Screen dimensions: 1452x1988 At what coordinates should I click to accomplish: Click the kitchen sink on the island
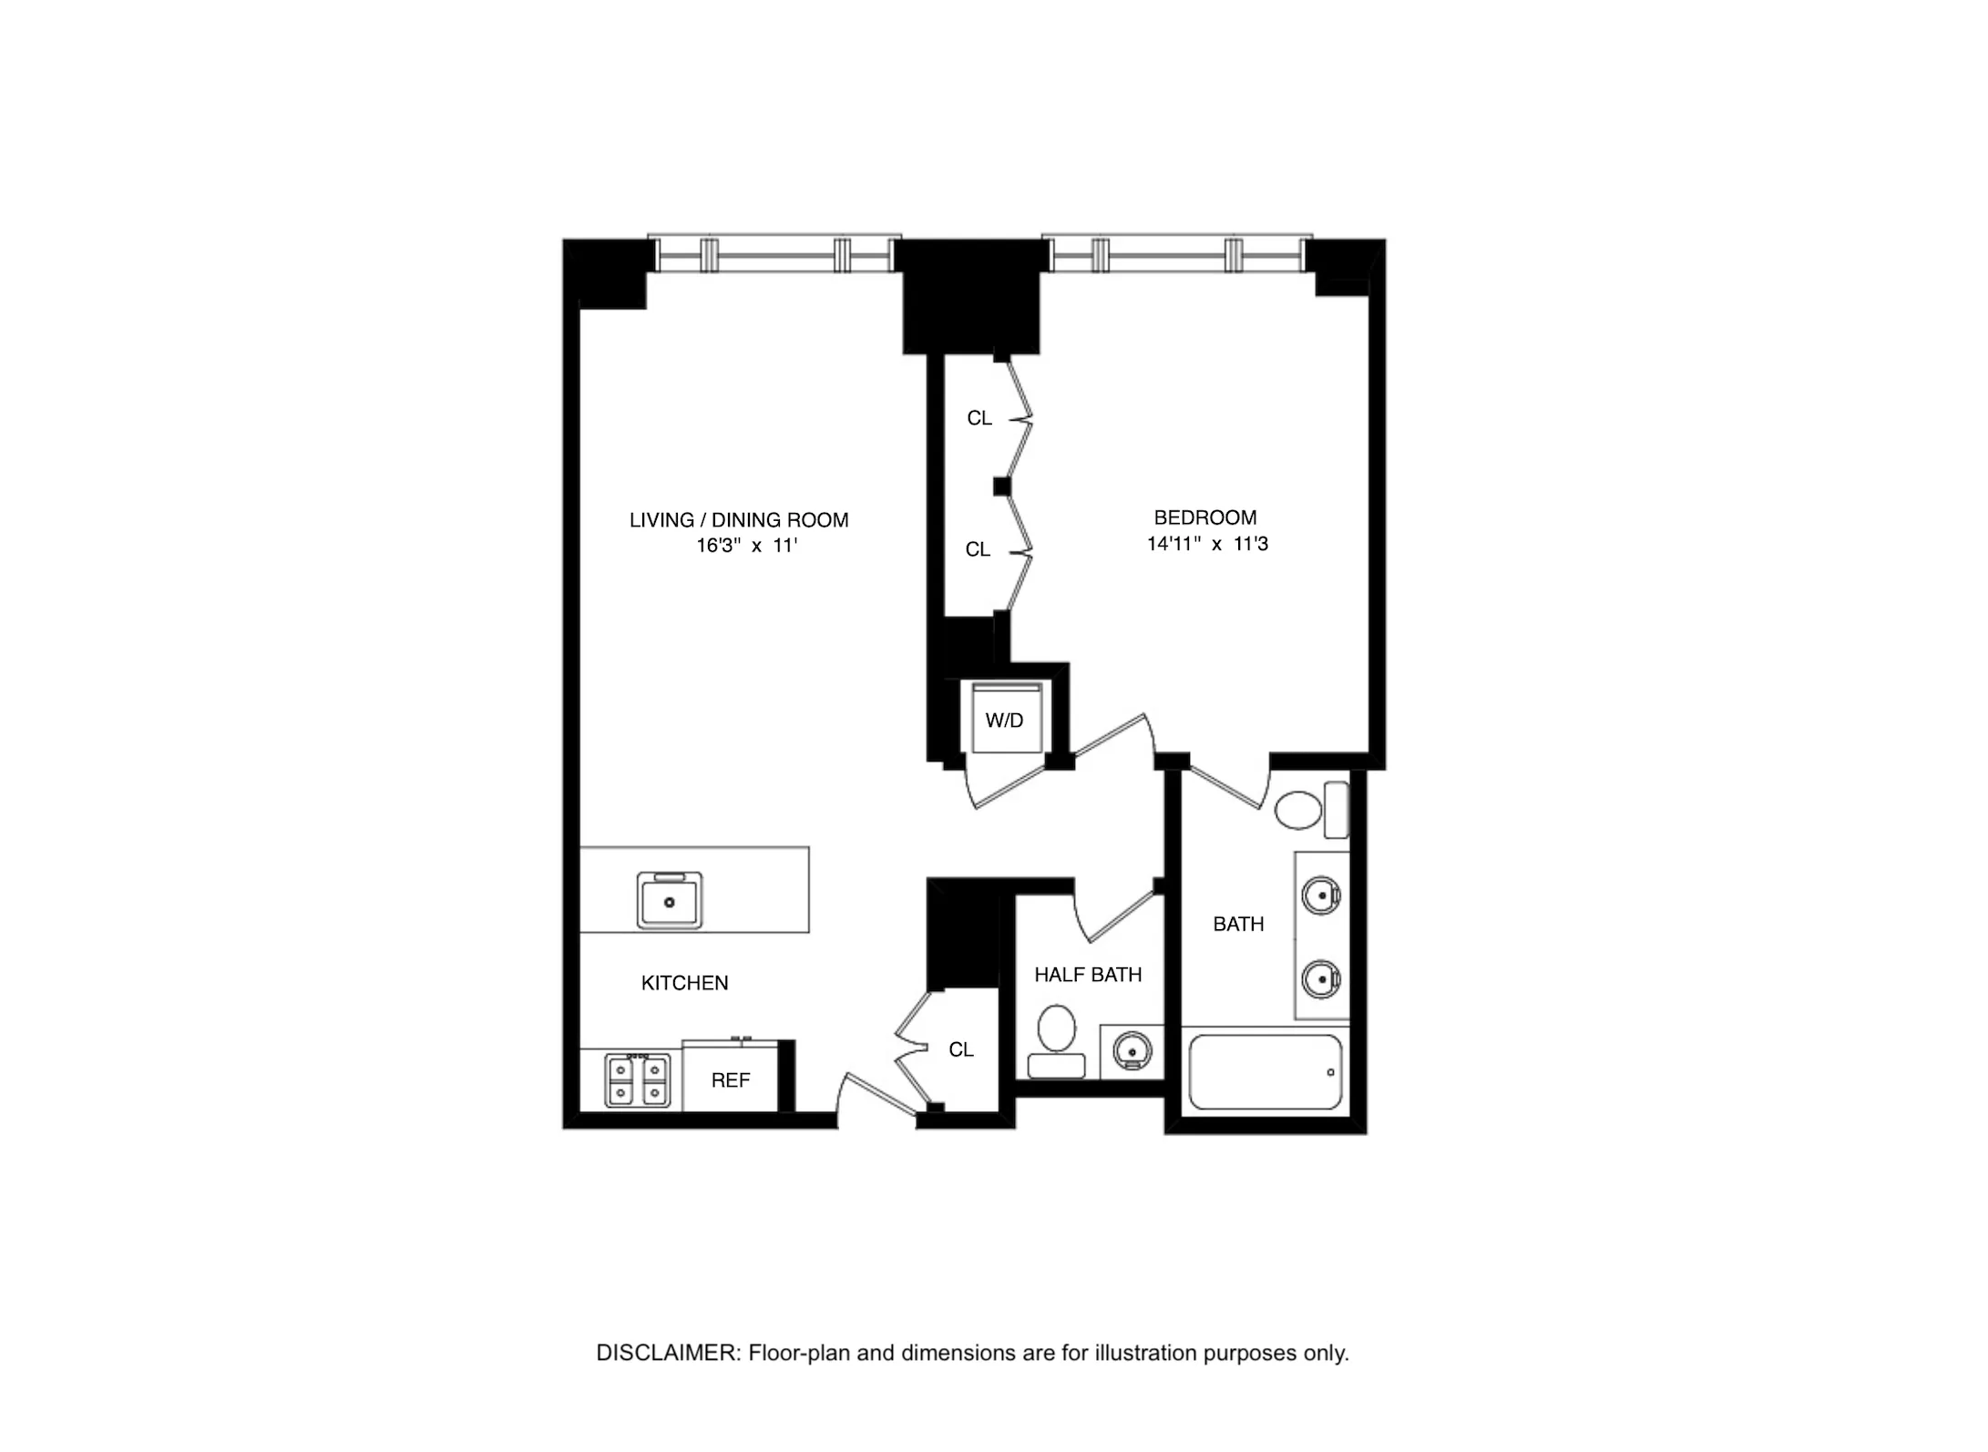[x=670, y=900]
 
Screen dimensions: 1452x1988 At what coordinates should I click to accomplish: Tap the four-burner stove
[x=638, y=1080]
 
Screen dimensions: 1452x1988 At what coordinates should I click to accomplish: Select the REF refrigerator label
[x=730, y=1080]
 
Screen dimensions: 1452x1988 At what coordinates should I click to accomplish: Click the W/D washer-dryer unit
[x=1005, y=721]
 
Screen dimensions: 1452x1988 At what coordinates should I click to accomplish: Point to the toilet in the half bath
[x=1057, y=1040]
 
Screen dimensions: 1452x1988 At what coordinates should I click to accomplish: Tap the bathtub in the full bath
[x=1266, y=1072]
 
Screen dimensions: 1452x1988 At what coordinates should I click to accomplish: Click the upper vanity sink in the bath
[x=1321, y=895]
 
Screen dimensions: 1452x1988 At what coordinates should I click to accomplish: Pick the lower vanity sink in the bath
[x=1321, y=979]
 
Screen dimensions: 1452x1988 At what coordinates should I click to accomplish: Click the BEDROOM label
[x=1204, y=517]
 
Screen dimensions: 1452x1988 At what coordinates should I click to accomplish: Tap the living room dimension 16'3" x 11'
[x=747, y=546]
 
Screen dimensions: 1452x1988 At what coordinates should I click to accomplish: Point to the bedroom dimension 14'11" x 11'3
[x=1207, y=544]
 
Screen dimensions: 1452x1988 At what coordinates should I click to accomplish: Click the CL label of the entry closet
[x=961, y=1049]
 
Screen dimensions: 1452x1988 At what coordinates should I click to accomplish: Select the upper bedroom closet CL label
[x=979, y=418]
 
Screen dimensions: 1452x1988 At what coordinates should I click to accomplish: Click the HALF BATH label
[x=1088, y=975]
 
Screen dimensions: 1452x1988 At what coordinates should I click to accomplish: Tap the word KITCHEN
[x=684, y=983]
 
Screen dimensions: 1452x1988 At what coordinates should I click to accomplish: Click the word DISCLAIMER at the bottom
[x=668, y=1353]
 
